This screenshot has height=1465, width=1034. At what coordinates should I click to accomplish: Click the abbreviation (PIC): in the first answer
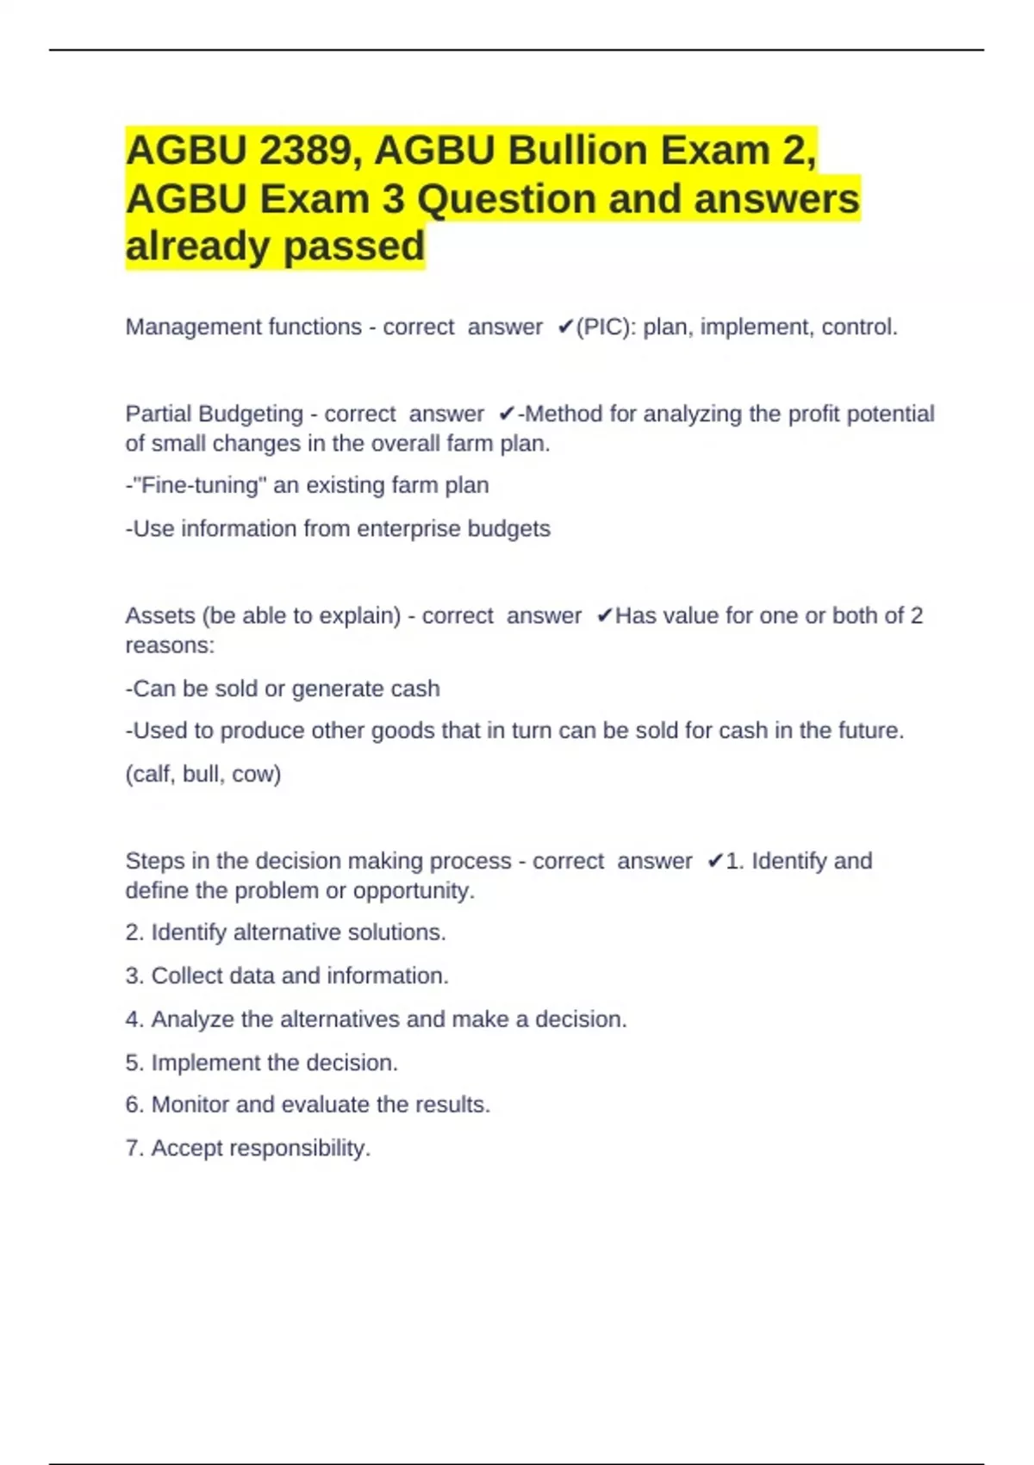click(x=606, y=327)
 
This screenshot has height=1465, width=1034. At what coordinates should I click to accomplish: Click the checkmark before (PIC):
click(x=565, y=327)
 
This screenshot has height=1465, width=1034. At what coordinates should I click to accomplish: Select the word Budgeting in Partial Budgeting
click(x=251, y=415)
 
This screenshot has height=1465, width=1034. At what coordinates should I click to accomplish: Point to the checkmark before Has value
click(x=604, y=616)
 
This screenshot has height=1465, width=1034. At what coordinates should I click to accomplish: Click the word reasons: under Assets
click(x=170, y=645)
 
